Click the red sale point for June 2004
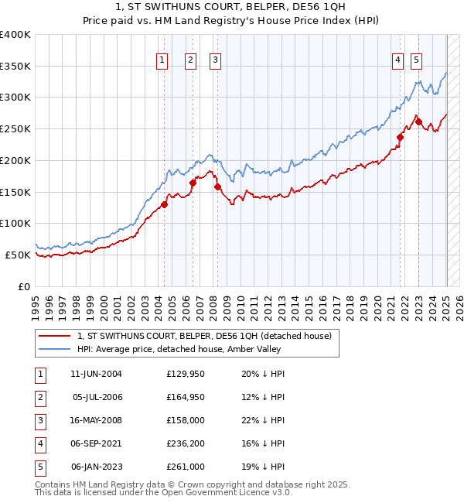[x=165, y=204]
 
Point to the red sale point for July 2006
[x=193, y=183]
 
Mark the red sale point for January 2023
[x=418, y=121]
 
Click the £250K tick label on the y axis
[x=15, y=128]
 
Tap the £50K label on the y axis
[x=19, y=255]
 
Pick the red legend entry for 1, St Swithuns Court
[x=204, y=336]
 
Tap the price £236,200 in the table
[x=186, y=443]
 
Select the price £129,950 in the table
[x=186, y=374]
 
